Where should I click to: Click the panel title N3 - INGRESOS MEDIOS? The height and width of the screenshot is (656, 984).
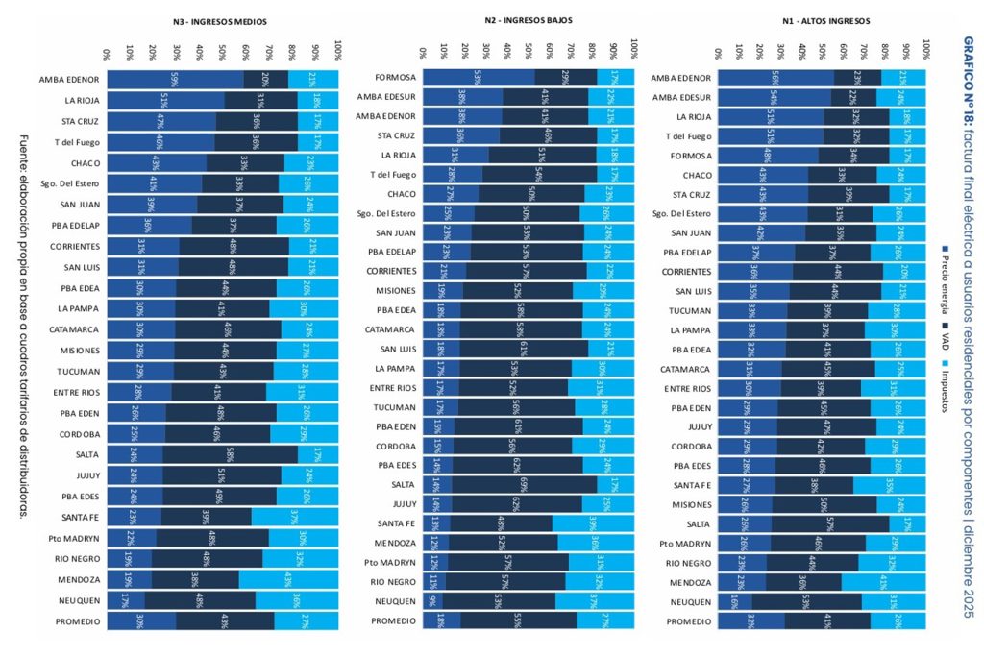point(221,21)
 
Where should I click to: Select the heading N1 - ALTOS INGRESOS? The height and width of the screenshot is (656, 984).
point(822,20)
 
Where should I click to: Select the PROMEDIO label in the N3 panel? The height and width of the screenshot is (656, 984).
point(79,621)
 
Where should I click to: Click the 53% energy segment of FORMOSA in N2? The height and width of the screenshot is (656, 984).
point(477,77)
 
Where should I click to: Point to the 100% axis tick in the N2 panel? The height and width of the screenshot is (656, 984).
point(634,45)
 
